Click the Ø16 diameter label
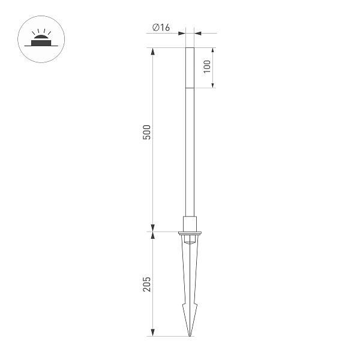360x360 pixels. (x=161, y=28)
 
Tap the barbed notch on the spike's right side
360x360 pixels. (x=196, y=305)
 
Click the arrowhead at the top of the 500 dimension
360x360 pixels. (x=152, y=52)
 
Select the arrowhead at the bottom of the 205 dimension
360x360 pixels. (x=152, y=332)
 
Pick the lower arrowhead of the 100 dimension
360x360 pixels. (x=214, y=85)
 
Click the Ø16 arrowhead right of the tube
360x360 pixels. (x=197, y=34)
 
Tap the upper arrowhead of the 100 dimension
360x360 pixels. (x=214, y=52)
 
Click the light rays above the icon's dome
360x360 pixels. (x=40, y=31)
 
